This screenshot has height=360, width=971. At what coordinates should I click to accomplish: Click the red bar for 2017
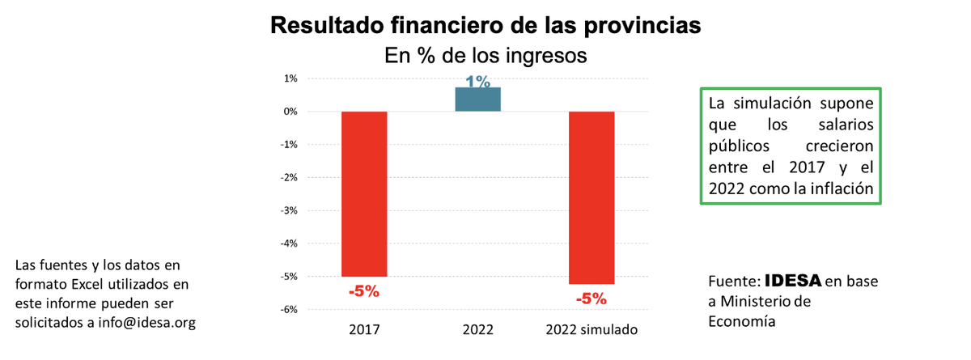coord(364,193)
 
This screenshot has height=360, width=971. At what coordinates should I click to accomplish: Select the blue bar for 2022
coord(477,99)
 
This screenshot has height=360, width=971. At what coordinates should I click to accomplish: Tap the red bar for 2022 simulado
coord(592,197)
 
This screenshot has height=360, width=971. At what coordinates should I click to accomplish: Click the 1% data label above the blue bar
coord(477,82)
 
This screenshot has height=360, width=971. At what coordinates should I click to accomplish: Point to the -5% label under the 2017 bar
coord(364,292)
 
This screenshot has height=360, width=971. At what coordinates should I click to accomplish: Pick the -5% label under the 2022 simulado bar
coord(592,299)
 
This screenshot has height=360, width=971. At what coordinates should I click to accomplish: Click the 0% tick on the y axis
coord(290,112)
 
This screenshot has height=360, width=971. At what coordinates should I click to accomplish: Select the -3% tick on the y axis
coord(288,210)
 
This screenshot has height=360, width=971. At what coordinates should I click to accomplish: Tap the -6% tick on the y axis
coord(288,309)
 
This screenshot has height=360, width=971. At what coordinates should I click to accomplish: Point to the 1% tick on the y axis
coord(290,78)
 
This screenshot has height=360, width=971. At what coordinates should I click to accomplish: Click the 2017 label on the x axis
coord(364,331)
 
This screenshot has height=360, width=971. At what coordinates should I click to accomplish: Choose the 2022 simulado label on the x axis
coord(592,331)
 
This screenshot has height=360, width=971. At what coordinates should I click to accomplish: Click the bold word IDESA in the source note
coord(792,281)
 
